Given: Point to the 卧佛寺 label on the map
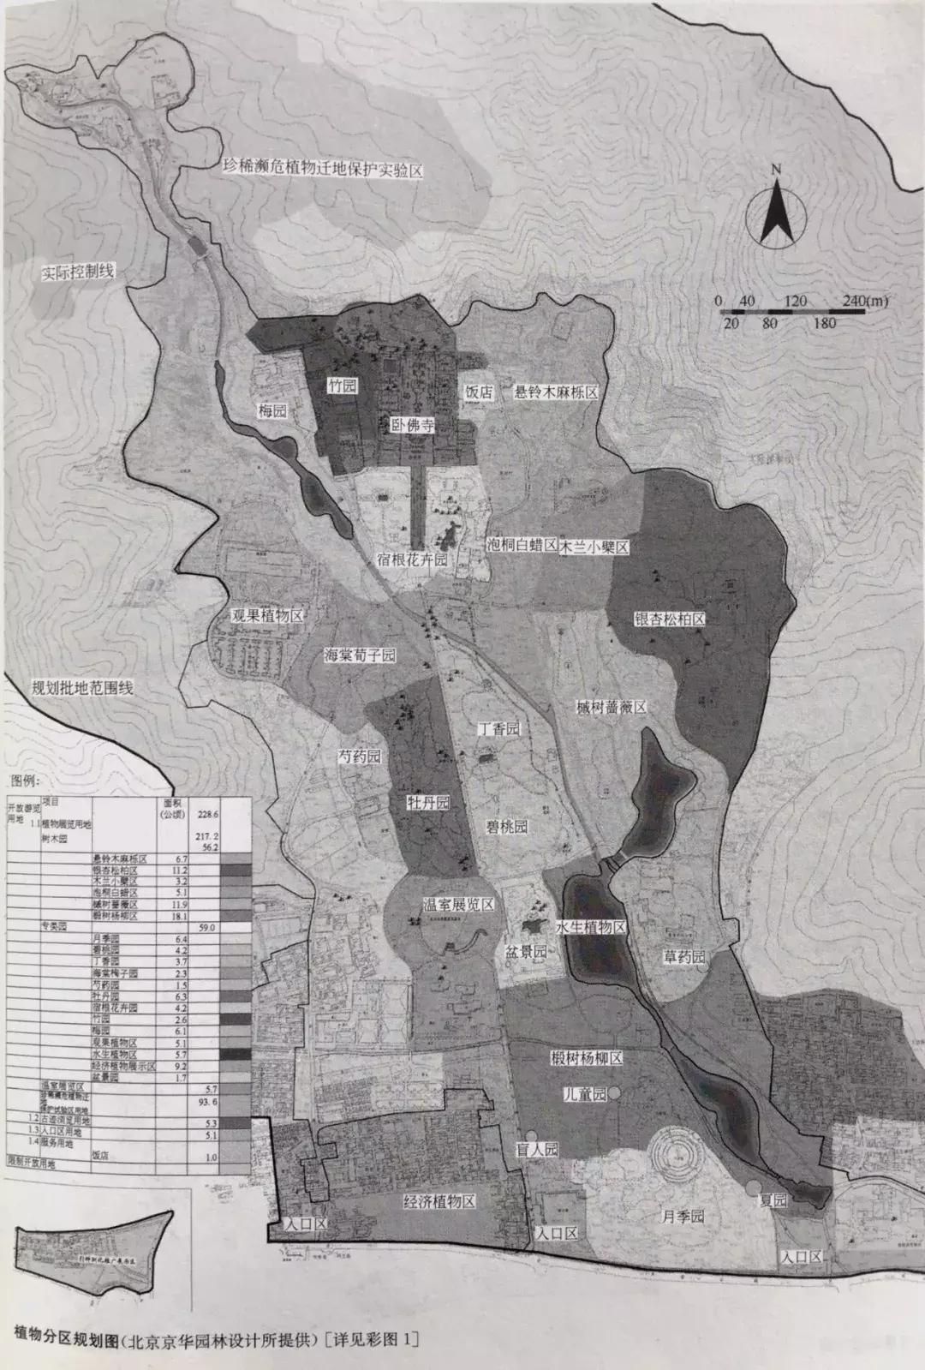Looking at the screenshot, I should tap(412, 424).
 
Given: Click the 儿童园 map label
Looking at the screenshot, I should tap(585, 1094).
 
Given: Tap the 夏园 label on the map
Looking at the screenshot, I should tap(773, 1200).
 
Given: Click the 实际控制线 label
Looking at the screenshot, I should tap(78, 272).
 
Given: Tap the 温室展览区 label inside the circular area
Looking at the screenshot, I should tap(458, 906).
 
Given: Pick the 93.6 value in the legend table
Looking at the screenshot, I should tap(207, 1101).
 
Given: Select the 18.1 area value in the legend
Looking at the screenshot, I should tap(181, 916).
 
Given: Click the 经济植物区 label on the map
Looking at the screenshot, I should tap(439, 1201).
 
